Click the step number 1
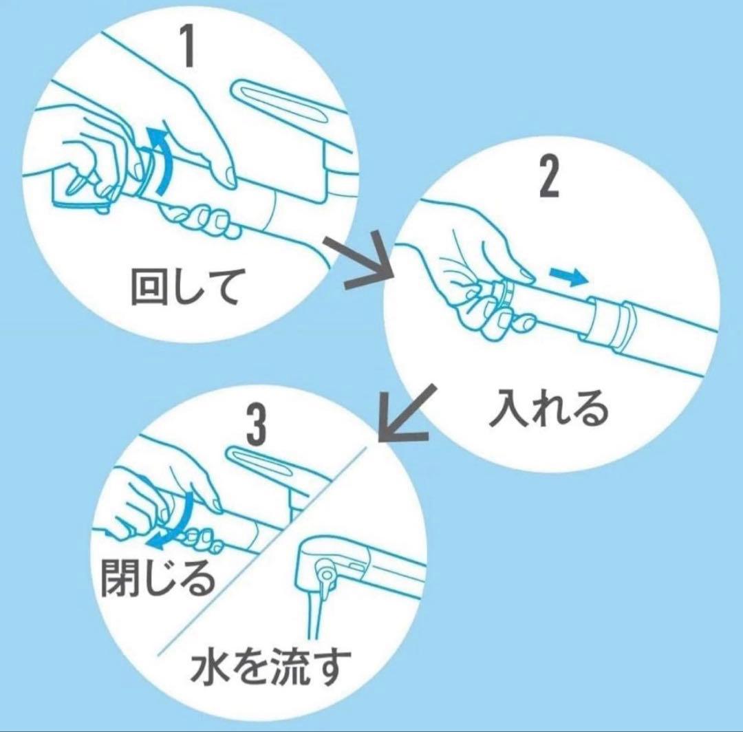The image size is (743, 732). [x=190, y=45]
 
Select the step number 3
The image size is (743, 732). [x=257, y=424]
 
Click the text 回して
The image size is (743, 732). [x=184, y=286]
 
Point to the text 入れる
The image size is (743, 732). [x=549, y=407]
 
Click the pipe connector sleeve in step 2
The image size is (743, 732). [x=608, y=321]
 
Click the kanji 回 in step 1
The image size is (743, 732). [x=149, y=287]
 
